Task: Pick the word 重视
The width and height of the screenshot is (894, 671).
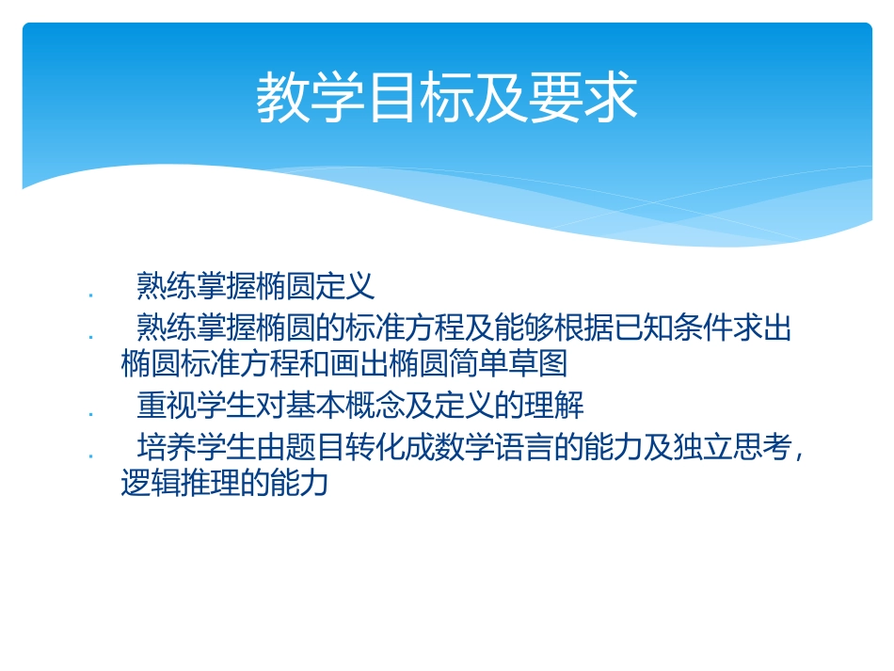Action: [x=164, y=406]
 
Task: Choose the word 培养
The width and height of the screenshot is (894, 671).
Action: [x=164, y=447]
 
